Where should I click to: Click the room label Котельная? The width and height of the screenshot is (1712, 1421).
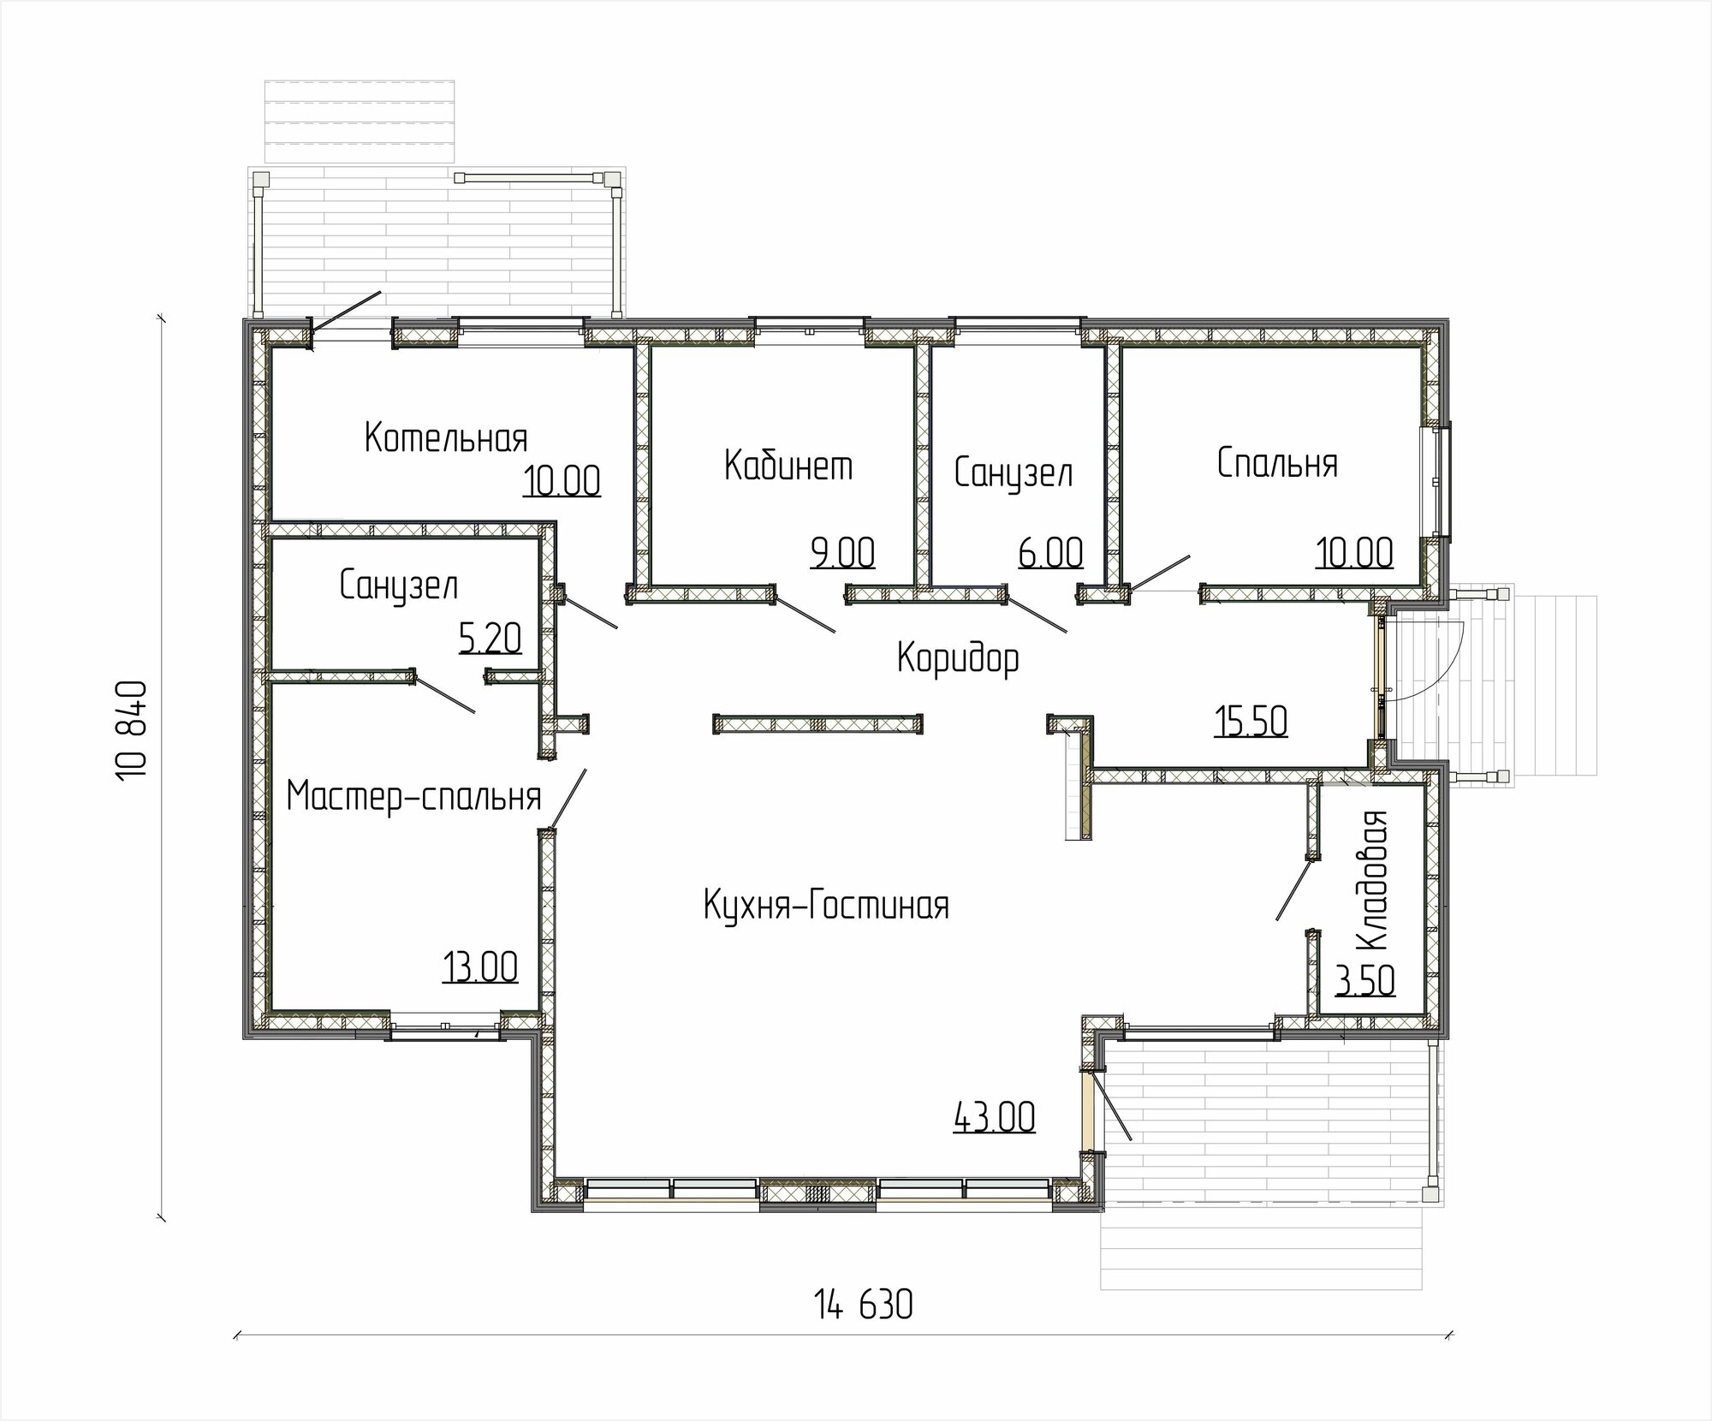click(x=446, y=437)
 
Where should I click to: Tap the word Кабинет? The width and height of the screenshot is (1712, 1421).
click(x=788, y=466)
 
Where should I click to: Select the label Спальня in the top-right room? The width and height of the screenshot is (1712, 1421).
click(x=1277, y=463)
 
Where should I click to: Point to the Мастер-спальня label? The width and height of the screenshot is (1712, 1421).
click(x=414, y=796)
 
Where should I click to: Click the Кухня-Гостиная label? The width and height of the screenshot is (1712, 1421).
click(x=826, y=905)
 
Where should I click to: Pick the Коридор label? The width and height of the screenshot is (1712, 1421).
click(x=958, y=659)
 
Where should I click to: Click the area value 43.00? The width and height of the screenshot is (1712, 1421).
click(x=994, y=1117)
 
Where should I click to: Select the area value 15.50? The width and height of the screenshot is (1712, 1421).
click(x=1251, y=722)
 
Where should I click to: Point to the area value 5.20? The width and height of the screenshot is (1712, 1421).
click(x=490, y=638)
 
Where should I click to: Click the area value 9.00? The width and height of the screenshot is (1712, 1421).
click(x=843, y=553)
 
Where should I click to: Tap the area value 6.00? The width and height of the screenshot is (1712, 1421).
click(x=1051, y=553)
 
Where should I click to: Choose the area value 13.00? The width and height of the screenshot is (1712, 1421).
click(x=480, y=968)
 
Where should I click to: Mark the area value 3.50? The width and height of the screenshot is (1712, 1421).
click(x=1366, y=981)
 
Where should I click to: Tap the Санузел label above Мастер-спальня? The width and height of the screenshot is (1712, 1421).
click(x=399, y=586)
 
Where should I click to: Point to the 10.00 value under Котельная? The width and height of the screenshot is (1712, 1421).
click(x=562, y=481)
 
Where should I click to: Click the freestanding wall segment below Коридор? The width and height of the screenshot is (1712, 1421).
click(x=818, y=724)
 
